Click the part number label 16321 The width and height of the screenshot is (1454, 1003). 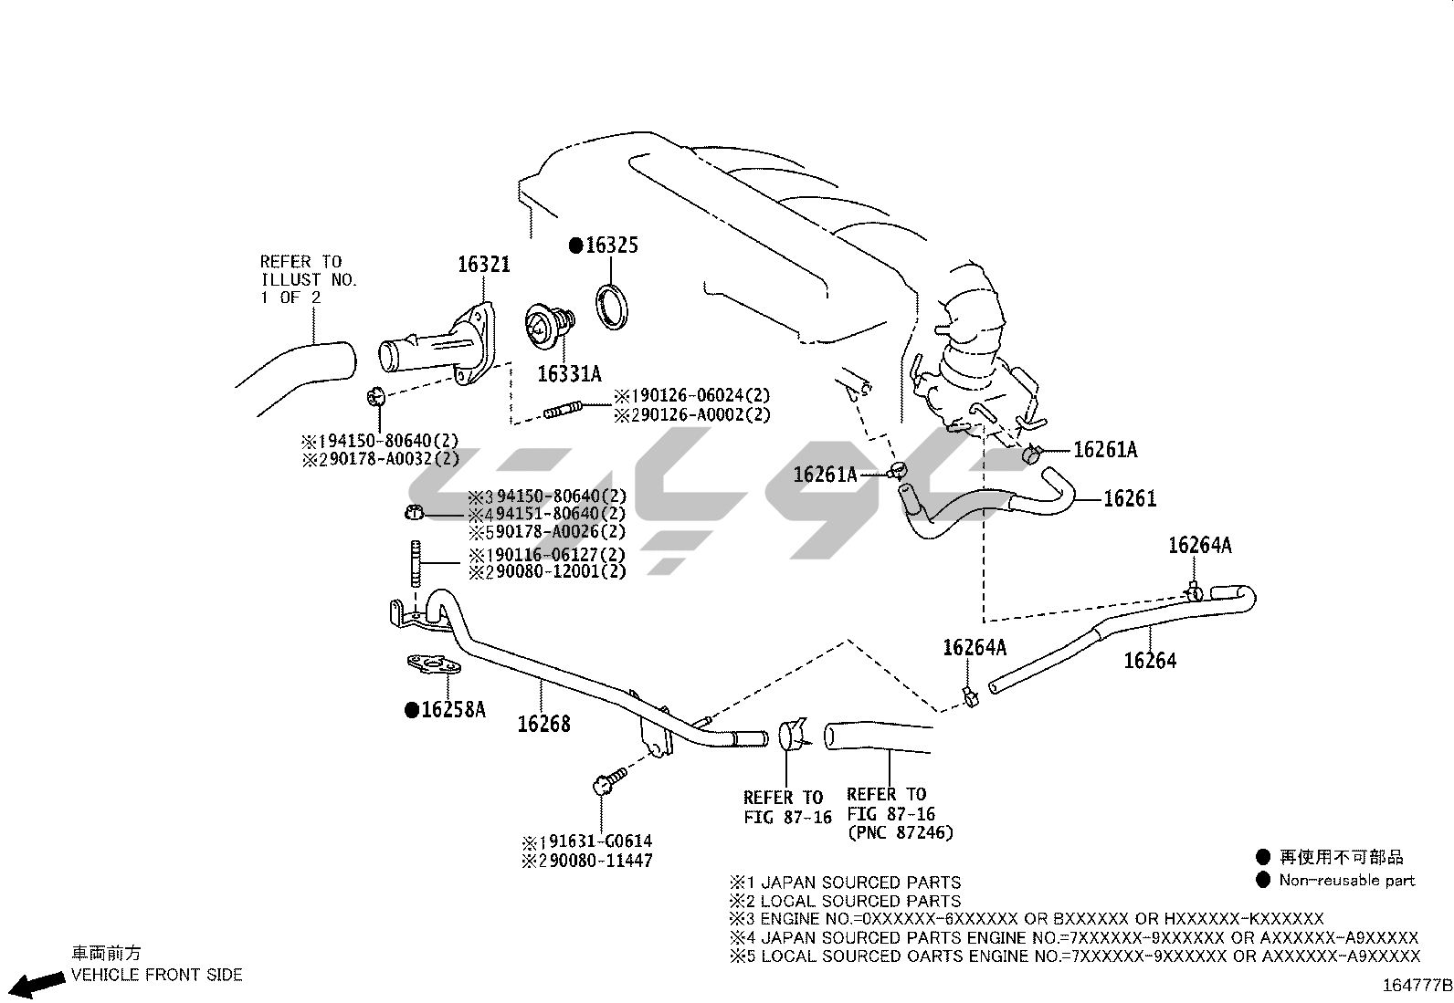pyautogui.click(x=483, y=265)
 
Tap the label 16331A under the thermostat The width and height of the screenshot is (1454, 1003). pyautogui.click(x=569, y=373)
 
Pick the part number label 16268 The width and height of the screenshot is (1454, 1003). pyautogui.click(x=543, y=724)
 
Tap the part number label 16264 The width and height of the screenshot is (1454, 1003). pyautogui.click(x=1150, y=661)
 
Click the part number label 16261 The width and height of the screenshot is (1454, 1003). pyautogui.click(x=1130, y=498)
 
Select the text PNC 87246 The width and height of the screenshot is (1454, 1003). pyautogui.click(x=900, y=832)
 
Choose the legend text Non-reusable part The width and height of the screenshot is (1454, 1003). pyautogui.click(x=1346, y=881)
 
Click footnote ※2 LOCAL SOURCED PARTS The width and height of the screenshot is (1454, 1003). pyautogui.click(x=845, y=901)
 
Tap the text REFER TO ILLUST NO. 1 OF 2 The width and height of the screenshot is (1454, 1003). pyautogui.click(x=308, y=279)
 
